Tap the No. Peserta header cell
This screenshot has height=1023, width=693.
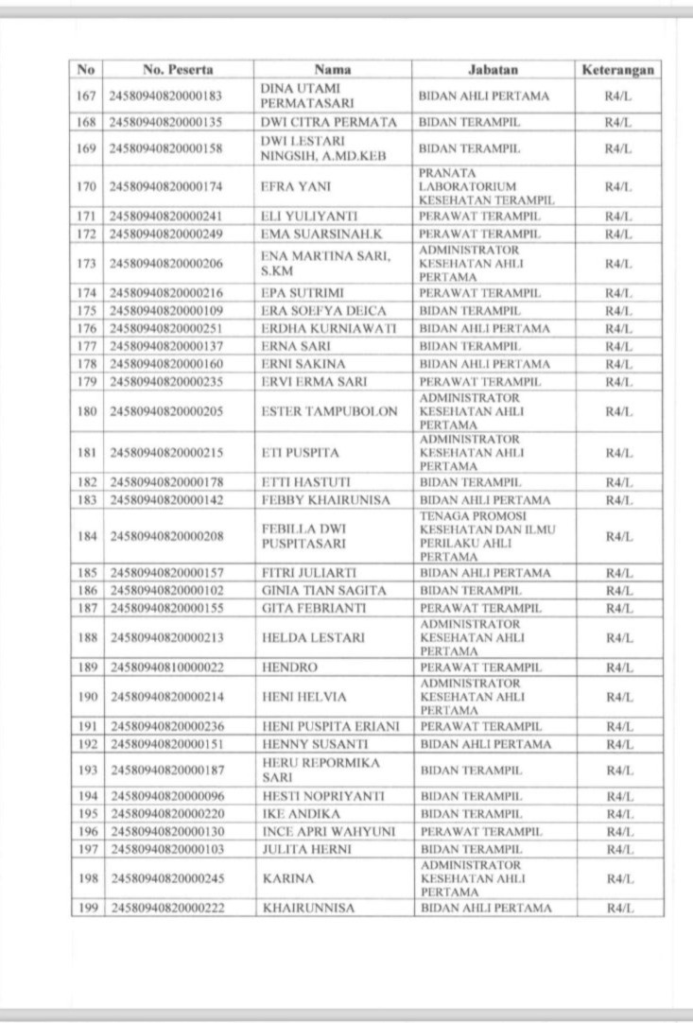click(x=178, y=70)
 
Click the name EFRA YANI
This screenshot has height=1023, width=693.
click(x=286, y=187)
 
